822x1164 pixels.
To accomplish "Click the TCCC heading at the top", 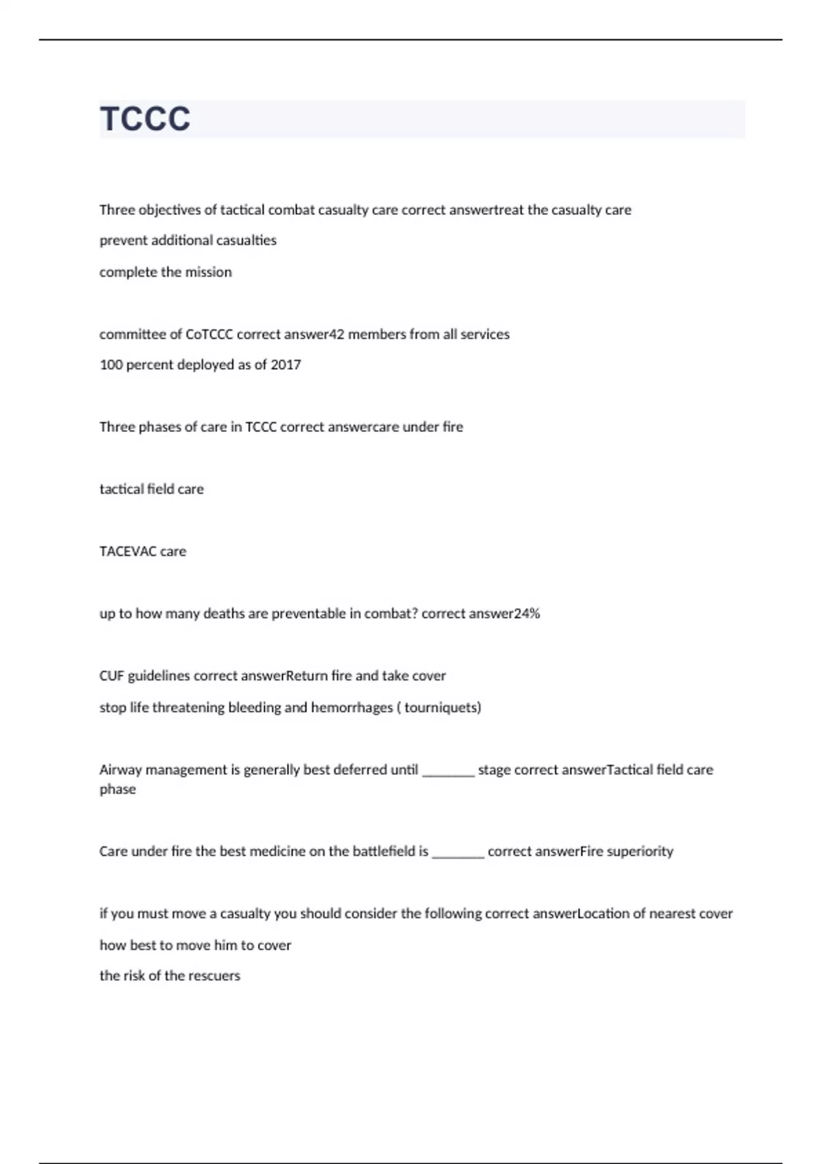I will pos(145,118).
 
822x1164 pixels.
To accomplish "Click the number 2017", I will pos(286,365).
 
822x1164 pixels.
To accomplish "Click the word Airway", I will pos(120,770).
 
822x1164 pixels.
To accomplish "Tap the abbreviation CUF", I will pos(112,676).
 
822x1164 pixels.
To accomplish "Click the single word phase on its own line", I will pos(118,789).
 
